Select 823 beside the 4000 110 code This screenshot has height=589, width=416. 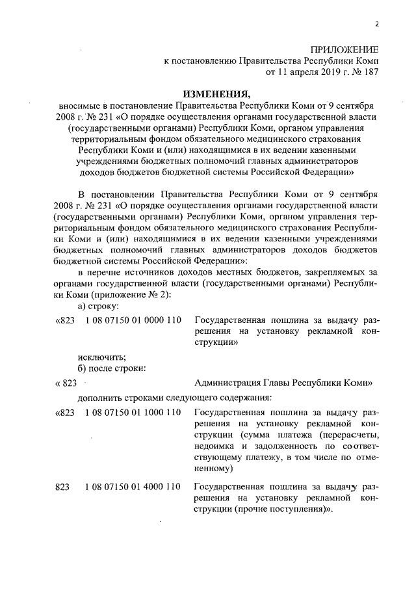point(63,487)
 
